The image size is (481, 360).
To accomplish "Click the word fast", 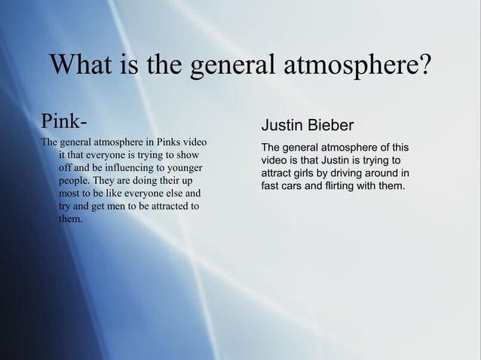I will (x=271, y=187).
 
